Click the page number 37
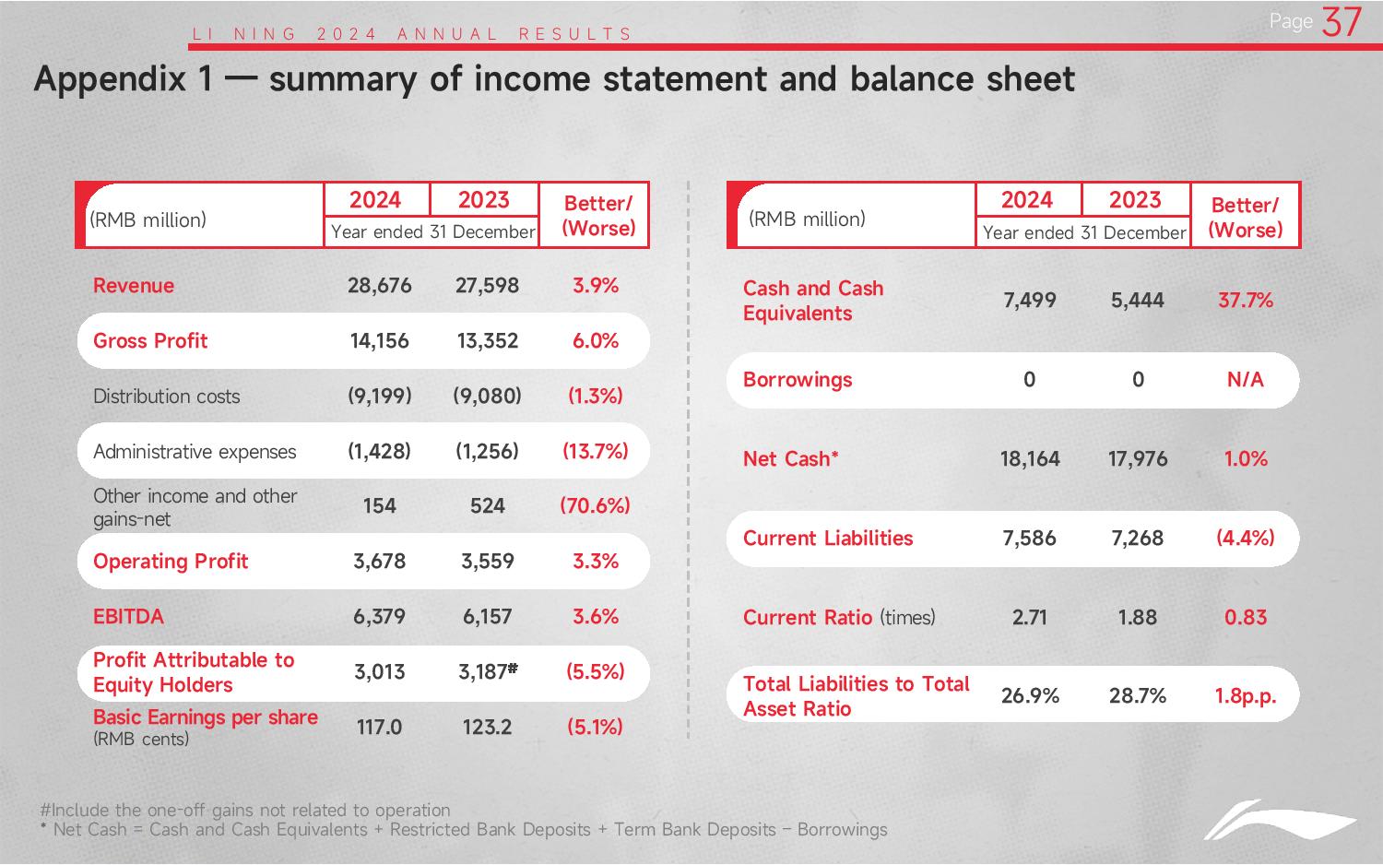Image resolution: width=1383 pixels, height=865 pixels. [x=1342, y=22]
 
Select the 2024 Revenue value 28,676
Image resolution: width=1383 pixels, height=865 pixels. [x=379, y=286]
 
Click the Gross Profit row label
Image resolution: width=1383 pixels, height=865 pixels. [x=150, y=341]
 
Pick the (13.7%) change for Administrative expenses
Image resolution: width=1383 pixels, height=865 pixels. [x=596, y=451]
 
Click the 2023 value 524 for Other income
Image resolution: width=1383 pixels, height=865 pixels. [x=487, y=506]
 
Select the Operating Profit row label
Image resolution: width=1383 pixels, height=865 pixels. [x=171, y=562]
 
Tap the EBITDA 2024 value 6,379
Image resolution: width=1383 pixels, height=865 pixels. [x=379, y=617]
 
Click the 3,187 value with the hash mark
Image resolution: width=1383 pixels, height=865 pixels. [x=488, y=671]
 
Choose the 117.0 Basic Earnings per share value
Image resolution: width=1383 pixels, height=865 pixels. [x=379, y=728]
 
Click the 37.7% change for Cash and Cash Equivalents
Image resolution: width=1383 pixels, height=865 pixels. [x=1246, y=301]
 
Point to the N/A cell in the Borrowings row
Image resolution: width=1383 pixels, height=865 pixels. [x=1246, y=380]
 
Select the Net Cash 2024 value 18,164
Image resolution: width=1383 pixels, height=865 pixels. [x=1030, y=459]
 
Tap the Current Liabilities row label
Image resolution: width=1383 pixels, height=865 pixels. [x=827, y=539]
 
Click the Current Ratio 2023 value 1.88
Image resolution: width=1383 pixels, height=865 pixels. [x=1137, y=618]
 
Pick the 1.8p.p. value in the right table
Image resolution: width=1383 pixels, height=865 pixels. [x=1246, y=696]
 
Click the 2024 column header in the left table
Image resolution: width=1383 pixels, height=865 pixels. [x=374, y=200]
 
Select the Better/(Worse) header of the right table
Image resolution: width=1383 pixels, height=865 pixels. [x=1246, y=218]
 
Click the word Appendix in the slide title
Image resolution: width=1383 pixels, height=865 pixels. [x=110, y=79]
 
